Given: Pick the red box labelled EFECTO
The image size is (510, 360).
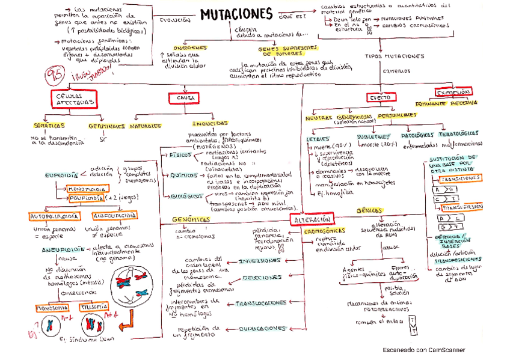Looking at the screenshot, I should [379, 97].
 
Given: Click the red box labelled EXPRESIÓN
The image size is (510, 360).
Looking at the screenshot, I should [453, 92].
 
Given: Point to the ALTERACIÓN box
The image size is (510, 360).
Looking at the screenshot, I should [312, 220].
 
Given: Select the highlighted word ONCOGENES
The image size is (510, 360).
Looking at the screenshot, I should [189, 47].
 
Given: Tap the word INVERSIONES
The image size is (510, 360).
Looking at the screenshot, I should [259, 261].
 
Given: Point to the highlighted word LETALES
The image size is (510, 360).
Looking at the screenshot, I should [318, 138].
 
